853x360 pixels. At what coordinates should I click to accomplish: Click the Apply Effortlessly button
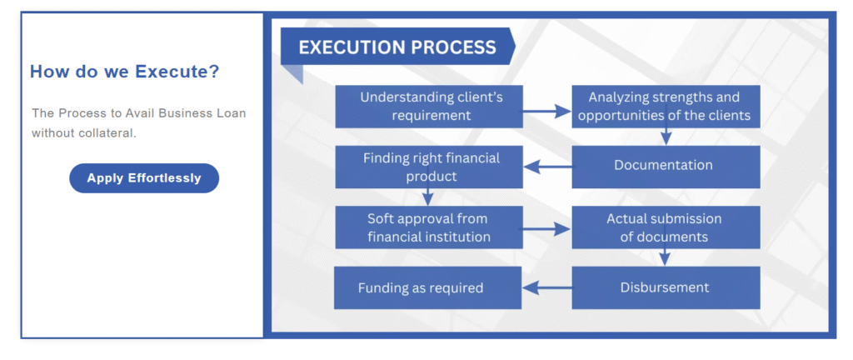[144, 178]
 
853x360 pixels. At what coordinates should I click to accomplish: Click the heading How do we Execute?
[125, 72]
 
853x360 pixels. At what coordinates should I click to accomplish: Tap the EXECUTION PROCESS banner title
[397, 47]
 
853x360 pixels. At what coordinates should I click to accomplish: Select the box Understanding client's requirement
[429, 107]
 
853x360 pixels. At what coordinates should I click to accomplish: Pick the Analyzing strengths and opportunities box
[666, 107]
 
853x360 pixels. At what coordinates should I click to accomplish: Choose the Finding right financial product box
[429, 167]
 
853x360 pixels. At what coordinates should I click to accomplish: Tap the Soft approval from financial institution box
[429, 227]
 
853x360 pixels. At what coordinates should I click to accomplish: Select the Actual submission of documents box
[666, 227]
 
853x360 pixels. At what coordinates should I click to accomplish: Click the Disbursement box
[666, 287]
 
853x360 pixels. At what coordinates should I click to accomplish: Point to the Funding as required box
[428, 287]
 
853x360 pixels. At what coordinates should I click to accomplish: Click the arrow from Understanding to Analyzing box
[547, 112]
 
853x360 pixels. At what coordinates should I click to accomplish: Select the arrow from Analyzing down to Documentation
[666, 137]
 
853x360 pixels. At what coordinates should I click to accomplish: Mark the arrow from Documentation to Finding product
[547, 167]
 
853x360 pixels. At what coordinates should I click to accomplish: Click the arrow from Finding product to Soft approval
[429, 197]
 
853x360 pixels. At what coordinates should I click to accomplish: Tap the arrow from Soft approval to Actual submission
[547, 229]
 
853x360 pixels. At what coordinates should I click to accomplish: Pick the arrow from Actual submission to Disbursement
[664, 257]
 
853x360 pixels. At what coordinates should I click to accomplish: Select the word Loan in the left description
[234, 113]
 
